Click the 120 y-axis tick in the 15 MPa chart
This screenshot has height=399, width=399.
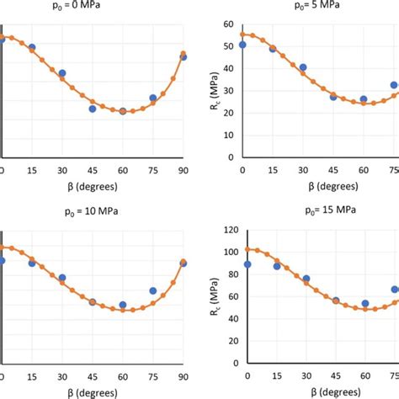[x=226, y=228]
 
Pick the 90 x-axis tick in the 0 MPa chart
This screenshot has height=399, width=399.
[x=184, y=172]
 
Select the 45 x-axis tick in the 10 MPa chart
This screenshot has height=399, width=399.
[x=93, y=373]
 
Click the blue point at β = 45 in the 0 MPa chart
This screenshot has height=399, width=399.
[x=93, y=109]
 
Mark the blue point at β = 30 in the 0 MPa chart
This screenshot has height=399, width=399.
[x=62, y=73]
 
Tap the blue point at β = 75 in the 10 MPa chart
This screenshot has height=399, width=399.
[x=153, y=290]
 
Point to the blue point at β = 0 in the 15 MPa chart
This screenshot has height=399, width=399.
[x=247, y=264]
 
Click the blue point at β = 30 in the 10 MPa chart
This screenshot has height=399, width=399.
[x=62, y=277]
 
